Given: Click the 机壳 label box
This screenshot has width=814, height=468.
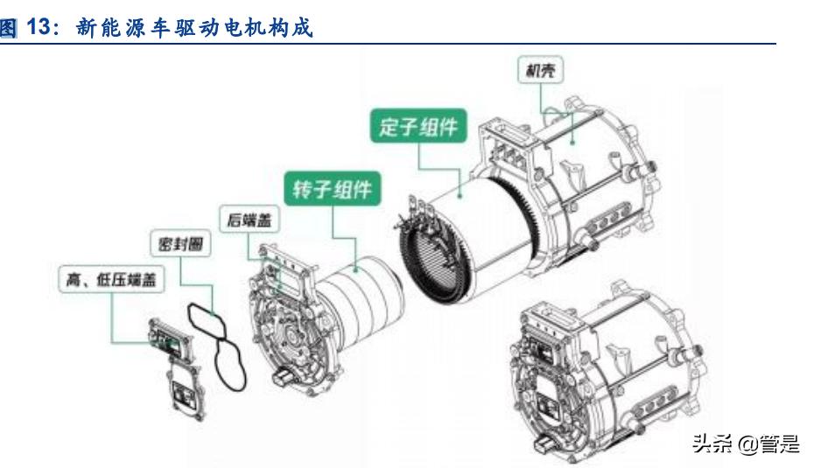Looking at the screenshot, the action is click(540, 70).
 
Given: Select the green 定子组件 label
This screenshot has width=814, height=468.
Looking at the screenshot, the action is click(418, 126).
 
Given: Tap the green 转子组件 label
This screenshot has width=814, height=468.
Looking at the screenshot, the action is click(333, 189).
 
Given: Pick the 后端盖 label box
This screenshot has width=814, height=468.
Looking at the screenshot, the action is click(249, 219).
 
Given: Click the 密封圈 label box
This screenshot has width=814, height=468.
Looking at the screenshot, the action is click(180, 243).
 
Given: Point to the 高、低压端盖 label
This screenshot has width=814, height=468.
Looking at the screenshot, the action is click(111, 280).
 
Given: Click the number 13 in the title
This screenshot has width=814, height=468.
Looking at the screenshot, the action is click(38, 26).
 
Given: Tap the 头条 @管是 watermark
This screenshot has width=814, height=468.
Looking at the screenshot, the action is click(746, 444).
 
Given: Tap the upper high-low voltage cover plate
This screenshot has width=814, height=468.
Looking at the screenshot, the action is click(171, 339).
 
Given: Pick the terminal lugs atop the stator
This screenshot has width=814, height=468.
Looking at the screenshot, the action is click(420, 207).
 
